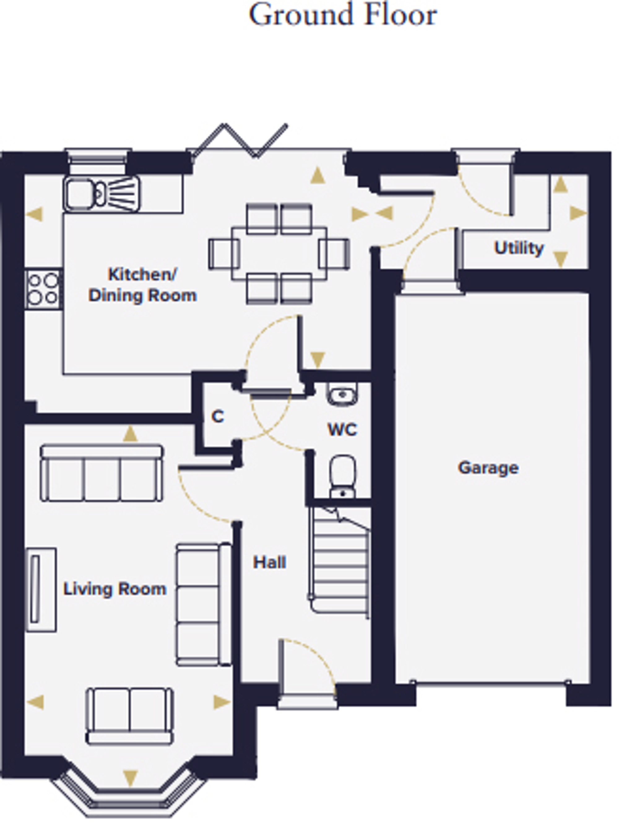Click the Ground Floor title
(343, 15)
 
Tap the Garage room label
(488, 468)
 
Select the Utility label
(519, 248)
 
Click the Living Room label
(115, 589)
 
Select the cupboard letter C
(218, 416)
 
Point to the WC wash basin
(343, 394)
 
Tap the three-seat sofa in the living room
(102, 473)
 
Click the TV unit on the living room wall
(41, 589)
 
